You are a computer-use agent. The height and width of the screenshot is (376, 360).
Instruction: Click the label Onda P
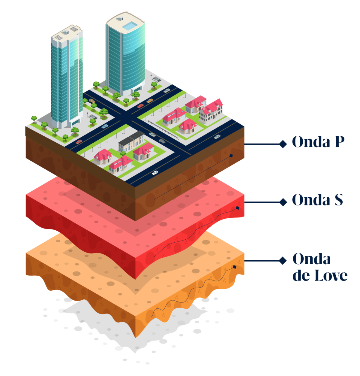coord(318,142)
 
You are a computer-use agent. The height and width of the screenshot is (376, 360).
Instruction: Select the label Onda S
coord(317,200)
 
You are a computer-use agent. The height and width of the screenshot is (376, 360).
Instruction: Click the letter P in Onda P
coord(339,142)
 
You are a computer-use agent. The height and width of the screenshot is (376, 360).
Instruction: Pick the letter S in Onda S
coord(338,200)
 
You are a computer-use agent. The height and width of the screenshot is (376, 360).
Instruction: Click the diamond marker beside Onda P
coord(283,144)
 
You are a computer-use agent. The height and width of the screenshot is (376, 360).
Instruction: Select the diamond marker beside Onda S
coord(283,202)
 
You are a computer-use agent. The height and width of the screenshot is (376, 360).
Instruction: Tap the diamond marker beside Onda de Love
coord(283,260)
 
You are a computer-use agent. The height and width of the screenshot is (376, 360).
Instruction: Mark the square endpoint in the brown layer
coord(231,156)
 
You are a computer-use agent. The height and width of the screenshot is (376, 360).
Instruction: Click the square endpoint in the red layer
coord(237,208)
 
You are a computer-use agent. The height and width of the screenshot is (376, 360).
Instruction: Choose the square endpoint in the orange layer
coord(235,267)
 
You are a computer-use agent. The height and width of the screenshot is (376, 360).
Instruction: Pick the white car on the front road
coord(155,173)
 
